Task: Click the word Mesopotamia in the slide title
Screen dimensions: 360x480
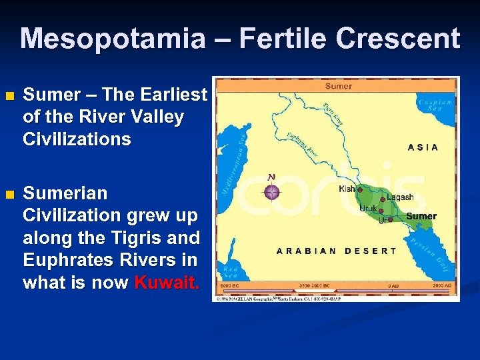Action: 113,39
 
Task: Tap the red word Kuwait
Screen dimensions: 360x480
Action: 167,283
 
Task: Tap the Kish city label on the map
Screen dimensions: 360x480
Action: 347,189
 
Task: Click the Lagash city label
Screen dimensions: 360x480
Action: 400,197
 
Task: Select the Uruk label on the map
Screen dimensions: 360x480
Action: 368,209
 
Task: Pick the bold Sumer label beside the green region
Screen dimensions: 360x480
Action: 421,216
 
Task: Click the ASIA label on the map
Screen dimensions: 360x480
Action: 423,147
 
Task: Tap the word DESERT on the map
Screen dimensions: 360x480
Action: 371,251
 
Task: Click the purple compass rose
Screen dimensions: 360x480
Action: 271,192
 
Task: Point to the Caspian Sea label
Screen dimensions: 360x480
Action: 435,105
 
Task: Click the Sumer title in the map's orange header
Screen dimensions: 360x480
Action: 339,86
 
